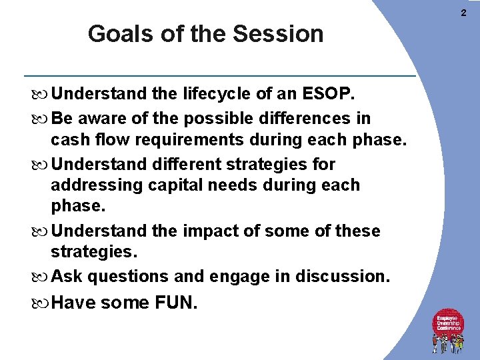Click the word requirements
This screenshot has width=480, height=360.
[179, 141]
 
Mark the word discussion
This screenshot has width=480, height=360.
[343, 276]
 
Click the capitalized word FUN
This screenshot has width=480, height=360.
[176, 303]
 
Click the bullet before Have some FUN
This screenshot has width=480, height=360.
[43, 303]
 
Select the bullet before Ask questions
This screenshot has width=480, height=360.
[43, 277]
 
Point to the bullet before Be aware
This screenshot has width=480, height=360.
[43, 119]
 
